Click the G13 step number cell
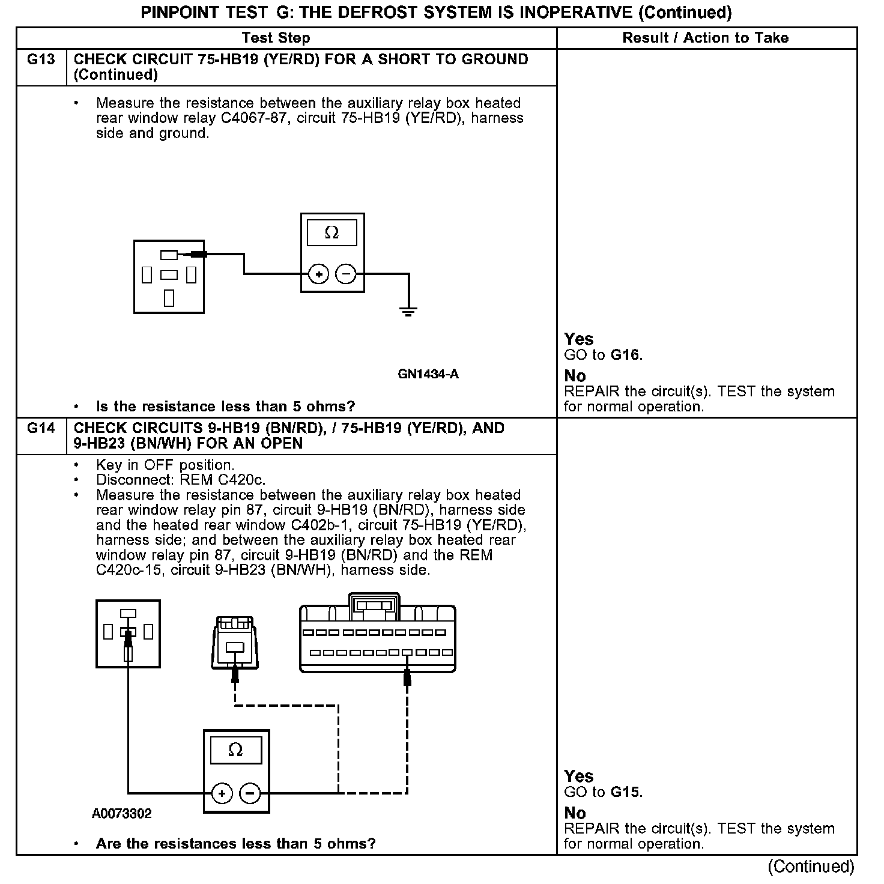click(x=41, y=59)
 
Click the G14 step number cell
click(x=41, y=428)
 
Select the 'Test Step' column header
click(x=276, y=38)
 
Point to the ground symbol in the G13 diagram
click(x=408, y=311)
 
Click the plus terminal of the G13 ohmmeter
click(x=318, y=274)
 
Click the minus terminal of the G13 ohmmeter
click(x=345, y=274)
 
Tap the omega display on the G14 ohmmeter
click(x=236, y=750)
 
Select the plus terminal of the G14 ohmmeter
click(x=222, y=793)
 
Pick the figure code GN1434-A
click(x=428, y=374)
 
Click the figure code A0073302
click(x=122, y=814)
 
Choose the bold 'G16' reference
click(x=625, y=355)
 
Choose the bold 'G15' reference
click(x=625, y=792)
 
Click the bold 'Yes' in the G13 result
click(x=578, y=339)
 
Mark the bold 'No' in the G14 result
click(x=575, y=813)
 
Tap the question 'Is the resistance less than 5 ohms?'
click(x=225, y=407)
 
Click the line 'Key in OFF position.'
click(x=165, y=465)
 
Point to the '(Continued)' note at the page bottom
click(x=810, y=866)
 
